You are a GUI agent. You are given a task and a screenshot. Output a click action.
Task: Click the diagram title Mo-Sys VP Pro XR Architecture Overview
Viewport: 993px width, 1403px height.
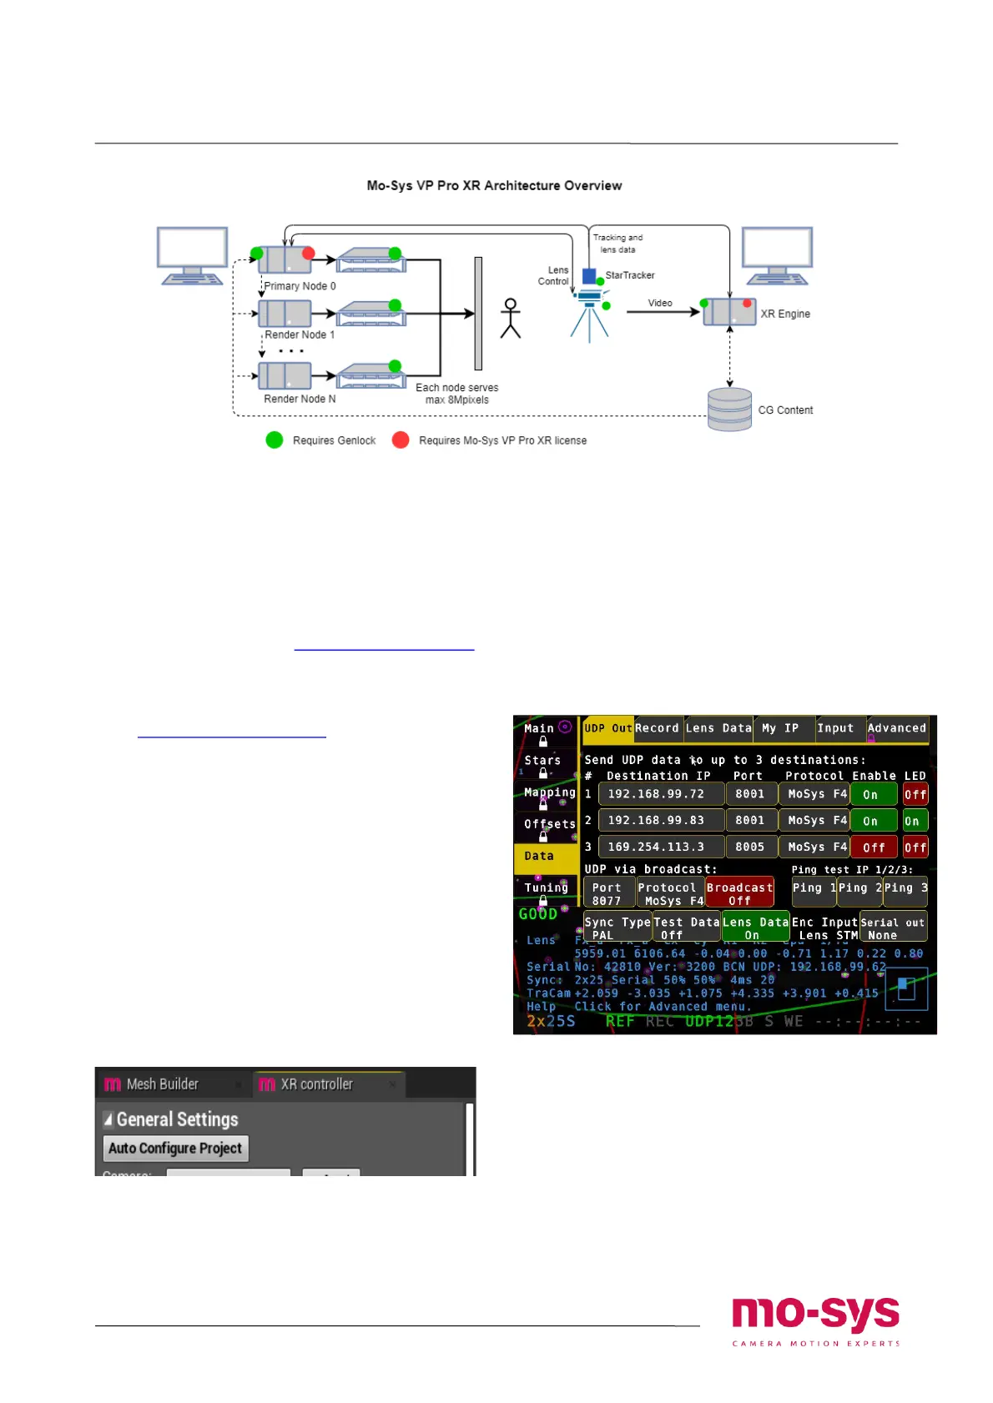point(494,185)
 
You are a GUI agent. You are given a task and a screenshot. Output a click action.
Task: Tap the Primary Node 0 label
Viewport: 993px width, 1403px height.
point(300,286)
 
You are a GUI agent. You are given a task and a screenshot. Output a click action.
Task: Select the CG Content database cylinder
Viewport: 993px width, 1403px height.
point(729,409)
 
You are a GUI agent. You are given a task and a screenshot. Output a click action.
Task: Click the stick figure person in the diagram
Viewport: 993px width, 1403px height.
point(510,319)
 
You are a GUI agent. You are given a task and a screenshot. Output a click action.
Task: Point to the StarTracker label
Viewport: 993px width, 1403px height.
point(630,275)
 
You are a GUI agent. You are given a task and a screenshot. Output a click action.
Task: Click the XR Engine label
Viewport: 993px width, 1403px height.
point(785,314)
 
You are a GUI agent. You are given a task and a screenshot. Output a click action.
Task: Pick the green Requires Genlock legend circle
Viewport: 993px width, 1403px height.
point(275,440)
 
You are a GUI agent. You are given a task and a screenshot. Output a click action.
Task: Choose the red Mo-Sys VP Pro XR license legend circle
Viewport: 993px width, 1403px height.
point(401,440)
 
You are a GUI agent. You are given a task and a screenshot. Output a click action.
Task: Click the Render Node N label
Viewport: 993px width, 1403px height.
point(300,399)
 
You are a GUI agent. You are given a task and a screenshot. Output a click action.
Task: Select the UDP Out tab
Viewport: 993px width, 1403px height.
point(607,728)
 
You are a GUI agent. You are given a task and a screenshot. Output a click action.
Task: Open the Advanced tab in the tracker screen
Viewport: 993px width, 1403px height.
point(897,728)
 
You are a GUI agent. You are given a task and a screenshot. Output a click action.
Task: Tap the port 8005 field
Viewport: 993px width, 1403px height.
point(750,847)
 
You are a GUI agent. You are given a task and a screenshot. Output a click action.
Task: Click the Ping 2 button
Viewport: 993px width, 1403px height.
point(859,888)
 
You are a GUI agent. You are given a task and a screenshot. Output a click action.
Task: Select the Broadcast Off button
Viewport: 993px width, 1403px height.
point(739,893)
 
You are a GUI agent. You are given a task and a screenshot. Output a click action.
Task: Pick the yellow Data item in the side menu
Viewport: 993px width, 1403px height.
point(540,856)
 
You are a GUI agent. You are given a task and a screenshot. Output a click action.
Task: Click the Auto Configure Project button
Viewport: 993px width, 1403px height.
point(175,1148)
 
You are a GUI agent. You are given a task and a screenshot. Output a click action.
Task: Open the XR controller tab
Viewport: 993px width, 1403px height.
point(317,1084)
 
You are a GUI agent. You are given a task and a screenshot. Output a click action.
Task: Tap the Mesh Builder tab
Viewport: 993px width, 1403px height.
point(163,1084)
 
